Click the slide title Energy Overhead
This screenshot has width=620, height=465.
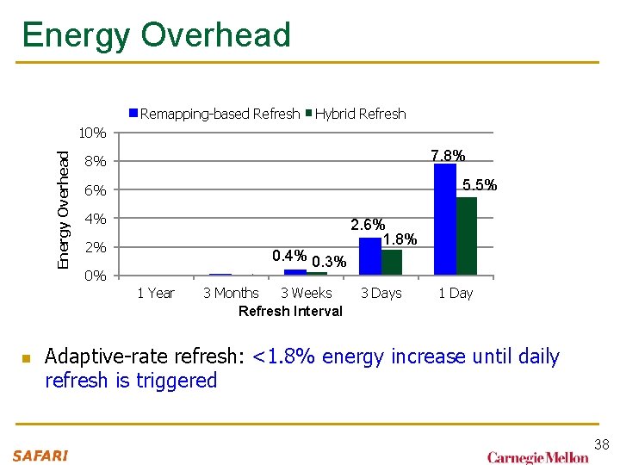coord(156,35)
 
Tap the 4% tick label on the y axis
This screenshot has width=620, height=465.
coord(95,219)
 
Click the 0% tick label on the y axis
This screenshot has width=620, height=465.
coord(95,276)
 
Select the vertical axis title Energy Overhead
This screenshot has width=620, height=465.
coord(64,208)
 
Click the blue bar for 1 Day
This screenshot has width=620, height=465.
coord(445,220)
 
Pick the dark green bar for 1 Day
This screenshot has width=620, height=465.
coord(467,236)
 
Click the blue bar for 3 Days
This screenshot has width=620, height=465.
coord(369,257)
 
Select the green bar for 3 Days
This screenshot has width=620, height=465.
coord(391,263)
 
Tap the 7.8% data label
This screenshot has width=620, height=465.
coord(448,156)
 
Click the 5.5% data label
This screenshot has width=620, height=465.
coord(480,185)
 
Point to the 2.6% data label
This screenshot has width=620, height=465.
coord(368,226)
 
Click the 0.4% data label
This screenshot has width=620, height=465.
coord(288,256)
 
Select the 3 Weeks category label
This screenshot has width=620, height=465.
coord(306,294)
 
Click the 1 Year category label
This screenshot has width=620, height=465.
coord(156,294)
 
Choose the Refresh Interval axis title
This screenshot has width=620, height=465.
coord(290,311)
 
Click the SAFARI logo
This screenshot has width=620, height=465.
coord(40,456)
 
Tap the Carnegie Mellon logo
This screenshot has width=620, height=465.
coord(538,457)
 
